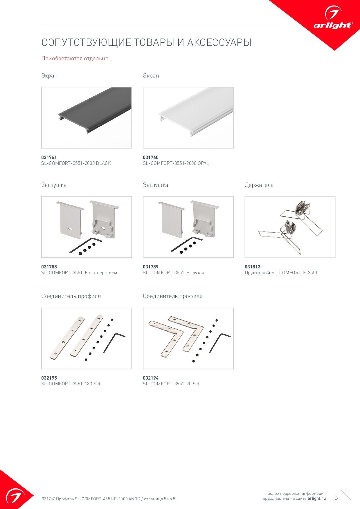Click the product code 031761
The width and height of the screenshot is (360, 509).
(49, 157)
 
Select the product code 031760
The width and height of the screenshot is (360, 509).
(151, 157)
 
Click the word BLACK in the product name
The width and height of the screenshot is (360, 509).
(103, 163)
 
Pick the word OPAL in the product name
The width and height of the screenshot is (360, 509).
(203, 163)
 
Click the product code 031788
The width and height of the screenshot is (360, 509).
(49, 267)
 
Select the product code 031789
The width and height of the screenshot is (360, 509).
(151, 267)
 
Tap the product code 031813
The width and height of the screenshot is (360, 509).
(253, 267)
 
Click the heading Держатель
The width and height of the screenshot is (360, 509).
(259, 185)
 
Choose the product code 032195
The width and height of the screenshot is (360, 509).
(49, 378)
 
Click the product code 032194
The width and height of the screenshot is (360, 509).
(151, 378)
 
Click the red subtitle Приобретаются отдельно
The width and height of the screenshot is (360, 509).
(75, 58)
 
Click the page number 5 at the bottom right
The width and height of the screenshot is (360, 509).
(336, 497)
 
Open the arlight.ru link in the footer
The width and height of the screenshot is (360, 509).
(317, 498)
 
